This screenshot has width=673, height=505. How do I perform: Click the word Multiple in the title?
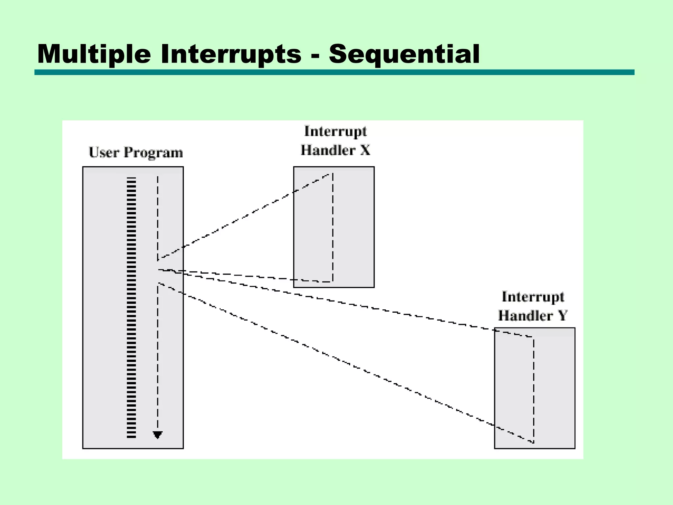click(94, 54)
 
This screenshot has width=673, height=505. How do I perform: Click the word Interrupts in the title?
click(231, 54)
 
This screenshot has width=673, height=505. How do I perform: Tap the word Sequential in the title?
click(404, 54)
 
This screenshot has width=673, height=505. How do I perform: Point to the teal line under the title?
click(334, 72)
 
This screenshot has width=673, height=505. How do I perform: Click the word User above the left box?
click(104, 153)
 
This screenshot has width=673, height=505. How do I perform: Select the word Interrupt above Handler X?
click(335, 131)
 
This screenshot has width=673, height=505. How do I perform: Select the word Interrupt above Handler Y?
click(533, 297)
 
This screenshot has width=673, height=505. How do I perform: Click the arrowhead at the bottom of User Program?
click(158, 435)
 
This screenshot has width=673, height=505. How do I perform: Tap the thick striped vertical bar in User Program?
click(131, 307)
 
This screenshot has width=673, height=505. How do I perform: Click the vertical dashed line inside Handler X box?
click(333, 227)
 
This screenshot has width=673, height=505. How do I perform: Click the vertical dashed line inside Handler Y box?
click(533, 390)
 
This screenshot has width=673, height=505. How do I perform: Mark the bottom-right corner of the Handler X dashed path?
click(333, 282)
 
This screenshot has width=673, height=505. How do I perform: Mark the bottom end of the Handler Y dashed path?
click(533, 443)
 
